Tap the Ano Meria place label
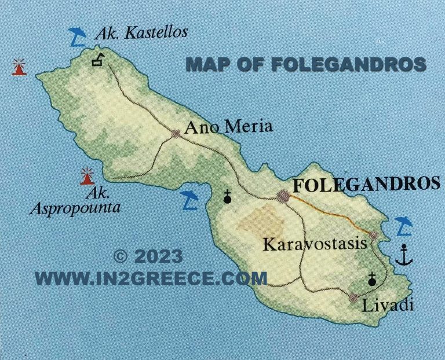pyautogui.click(x=228, y=127)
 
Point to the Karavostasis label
pyautogui.click(x=315, y=244)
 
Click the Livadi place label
pyautogui.click(x=388, y=305)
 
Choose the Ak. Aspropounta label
pyautogui.click(x=75, y=200)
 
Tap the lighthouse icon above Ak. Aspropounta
pyautogui.click(x=87, y=174)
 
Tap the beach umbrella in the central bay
pyautogui.click(x=189, y=200)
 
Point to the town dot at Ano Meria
pyautogui.click(x=176, y=134)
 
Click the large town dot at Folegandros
pyautogui.click(x=283, y=196)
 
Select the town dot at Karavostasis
pyautogui.click(x=374, y=236)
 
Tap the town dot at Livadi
pyautogui.click(x=353, y=298)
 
